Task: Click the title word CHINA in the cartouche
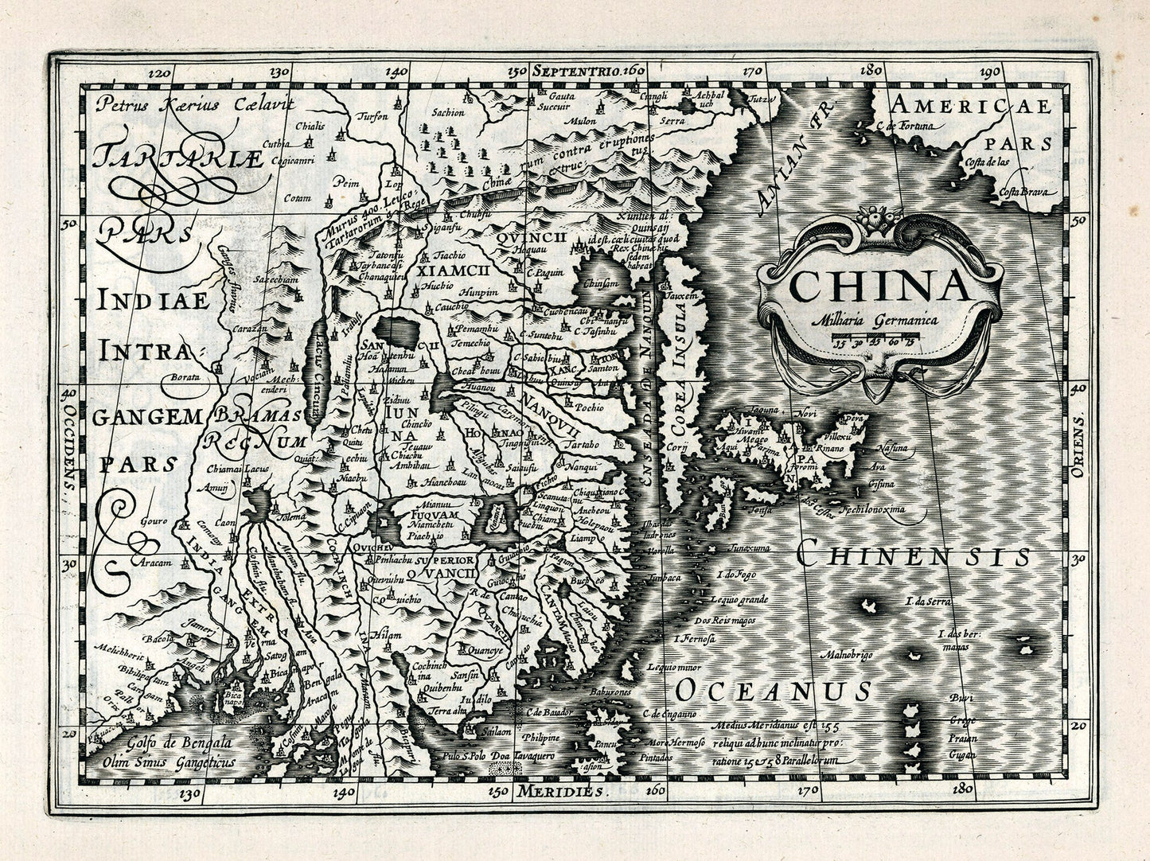[x=880, y=286]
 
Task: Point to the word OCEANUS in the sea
[x=771, y=690]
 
